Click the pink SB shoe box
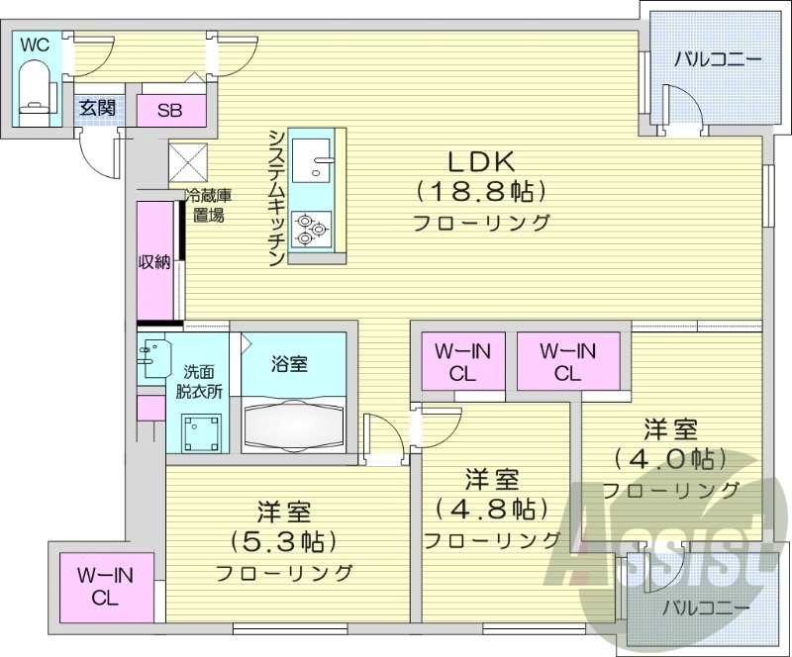click(169, 111)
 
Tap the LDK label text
click(481, 161)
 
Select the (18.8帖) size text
click(481, 192)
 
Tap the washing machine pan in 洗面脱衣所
click(202, 429)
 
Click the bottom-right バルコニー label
click(704, 606)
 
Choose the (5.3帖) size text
click(284, 542)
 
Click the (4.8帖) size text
click(492, 510)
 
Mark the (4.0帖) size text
click(670, 459)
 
